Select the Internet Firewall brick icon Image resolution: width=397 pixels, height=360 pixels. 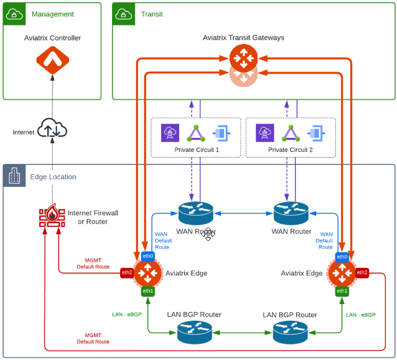pyautogui.click(x=52, y=218)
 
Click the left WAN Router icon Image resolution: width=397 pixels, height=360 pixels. pyautogui.click(x=195, y=214)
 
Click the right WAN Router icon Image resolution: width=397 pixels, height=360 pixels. pyautogui.click(x=291, y=214)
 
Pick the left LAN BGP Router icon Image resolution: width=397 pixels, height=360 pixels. pyautogui.click(x=194, y=332)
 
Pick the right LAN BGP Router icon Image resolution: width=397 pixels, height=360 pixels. pyautogui.click(x=290, y=332)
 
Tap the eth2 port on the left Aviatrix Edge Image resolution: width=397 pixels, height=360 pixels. pyautogui.click(x=127, y=272)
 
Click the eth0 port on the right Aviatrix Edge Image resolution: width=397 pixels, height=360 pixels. pyautogui.click(x=342, y=256)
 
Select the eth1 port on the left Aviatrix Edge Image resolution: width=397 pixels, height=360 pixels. pyautogui.click(x=147, y=290)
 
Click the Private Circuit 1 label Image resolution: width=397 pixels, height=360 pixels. pyautogui.click(x=196, y=150)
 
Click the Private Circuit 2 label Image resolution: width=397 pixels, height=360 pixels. pyautogui.click(x=291, y=150)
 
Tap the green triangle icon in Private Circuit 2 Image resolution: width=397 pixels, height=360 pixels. pyautogui.click(x=291, y=133)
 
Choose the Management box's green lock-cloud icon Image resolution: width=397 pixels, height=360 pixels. pyautogui.click(x=14, y=14)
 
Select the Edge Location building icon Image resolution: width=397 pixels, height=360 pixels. pyautogui.click(x=14, y=177)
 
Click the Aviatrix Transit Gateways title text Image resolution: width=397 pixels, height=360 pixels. pyautogui.click(x=243, y=38)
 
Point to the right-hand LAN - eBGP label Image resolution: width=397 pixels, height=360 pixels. pyautogui.click(x=361, y=315)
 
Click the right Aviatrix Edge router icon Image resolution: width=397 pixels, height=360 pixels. pyautogui.click(x=342, y=273)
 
